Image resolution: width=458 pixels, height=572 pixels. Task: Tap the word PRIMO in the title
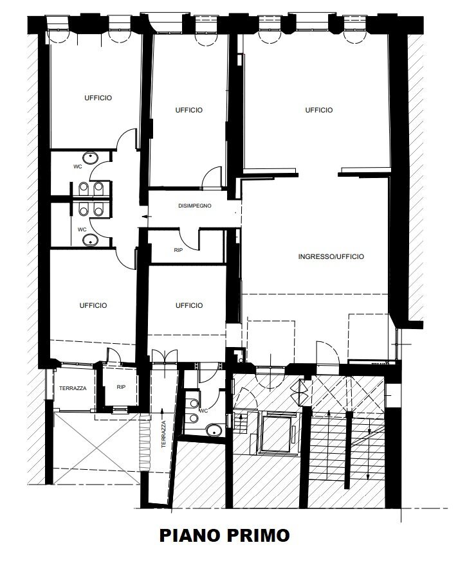(255, 535)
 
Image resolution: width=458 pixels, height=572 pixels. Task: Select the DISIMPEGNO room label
(195, 206)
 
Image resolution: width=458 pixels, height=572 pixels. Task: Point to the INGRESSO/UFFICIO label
(331, 256)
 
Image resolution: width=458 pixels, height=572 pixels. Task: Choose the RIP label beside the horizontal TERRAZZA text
(121, 388)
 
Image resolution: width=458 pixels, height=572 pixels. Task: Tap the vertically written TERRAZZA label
(165, 434)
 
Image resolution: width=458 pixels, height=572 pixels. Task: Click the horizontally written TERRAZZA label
(73, 388)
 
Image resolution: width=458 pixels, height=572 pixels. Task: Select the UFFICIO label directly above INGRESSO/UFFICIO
(319, 110)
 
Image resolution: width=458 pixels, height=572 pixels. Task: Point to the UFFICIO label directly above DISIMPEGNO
(189, 110)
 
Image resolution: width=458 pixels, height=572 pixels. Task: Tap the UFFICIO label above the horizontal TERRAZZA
(93, 305)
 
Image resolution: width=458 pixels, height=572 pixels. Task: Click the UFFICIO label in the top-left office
(98, 98)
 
